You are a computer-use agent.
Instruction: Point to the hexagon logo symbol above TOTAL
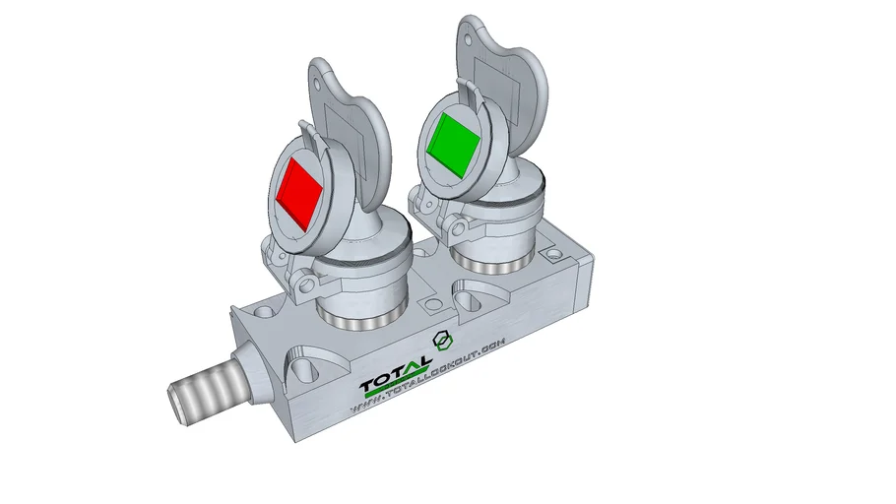pyautogui.click(x=442, y=341)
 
